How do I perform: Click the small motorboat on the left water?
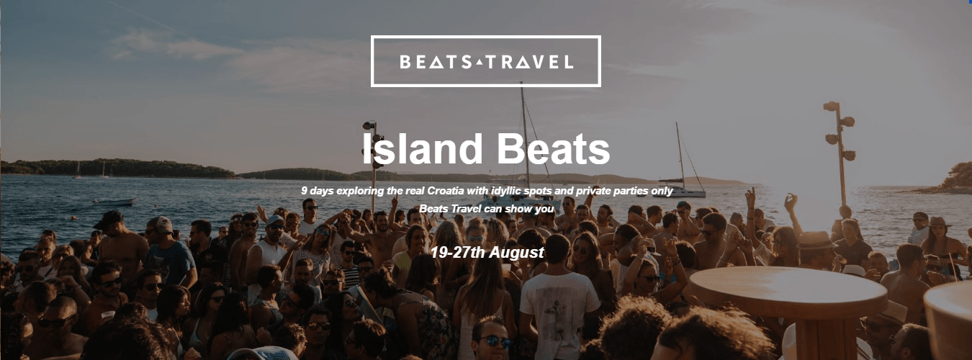point(114,202)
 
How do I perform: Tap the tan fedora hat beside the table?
point(816,240)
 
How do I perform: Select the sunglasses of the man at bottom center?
point(496,341)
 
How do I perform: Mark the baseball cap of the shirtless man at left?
point(109,217)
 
